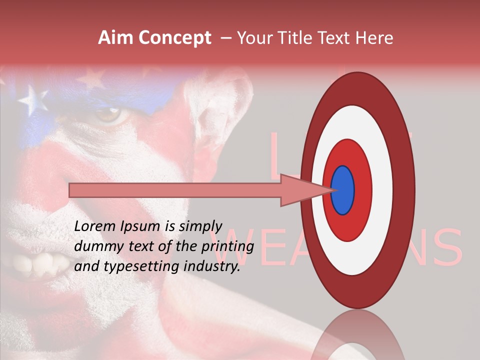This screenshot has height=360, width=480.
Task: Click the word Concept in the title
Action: coord(174,38)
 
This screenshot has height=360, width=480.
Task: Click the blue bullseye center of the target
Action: coord(342,190)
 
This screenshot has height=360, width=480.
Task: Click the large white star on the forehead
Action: coord(33,99)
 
